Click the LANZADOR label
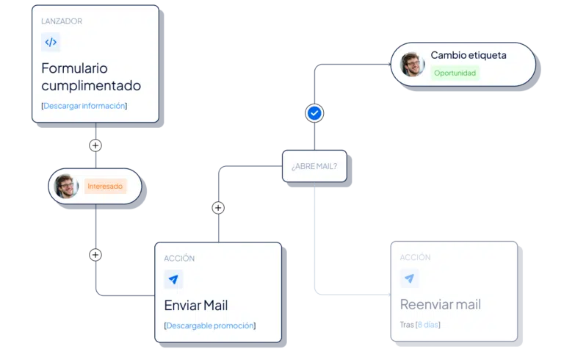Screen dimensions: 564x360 (62, 21)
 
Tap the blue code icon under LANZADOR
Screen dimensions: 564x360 (51, 42)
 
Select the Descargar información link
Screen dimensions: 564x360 (84, 106)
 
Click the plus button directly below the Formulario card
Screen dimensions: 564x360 (95, 145)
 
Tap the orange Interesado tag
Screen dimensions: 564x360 (105, 186)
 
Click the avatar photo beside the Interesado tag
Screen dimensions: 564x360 (66, 186)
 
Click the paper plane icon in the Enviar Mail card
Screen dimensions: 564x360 (173, 279)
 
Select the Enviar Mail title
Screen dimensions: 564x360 (196, 306)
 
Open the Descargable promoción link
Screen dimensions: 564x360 (210, 325)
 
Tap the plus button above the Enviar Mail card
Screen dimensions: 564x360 (218, 208)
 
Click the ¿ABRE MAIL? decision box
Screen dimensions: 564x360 (314, 166)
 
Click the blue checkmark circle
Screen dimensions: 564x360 (314, 113)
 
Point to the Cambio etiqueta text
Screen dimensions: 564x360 (469, 55)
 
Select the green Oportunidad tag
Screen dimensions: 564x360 (455, 73)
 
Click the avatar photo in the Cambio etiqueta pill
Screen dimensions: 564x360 (412, 65)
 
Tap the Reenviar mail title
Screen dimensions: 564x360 (441, 305)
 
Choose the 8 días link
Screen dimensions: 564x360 (428, 325)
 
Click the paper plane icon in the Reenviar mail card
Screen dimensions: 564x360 (409, 278)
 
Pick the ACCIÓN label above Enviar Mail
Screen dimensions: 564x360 (179, 258)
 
